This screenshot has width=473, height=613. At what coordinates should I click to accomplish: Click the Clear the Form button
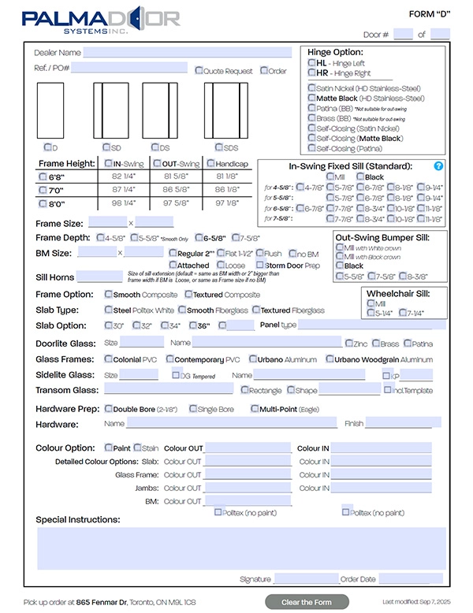point(307,602)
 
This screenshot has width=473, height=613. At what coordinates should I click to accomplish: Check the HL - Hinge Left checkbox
point(313,62)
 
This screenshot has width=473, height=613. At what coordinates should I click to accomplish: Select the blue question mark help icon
point(439,166)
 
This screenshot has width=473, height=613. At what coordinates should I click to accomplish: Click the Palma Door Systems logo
point(101,20)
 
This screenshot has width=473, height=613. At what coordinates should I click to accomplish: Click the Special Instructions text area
point(241,548)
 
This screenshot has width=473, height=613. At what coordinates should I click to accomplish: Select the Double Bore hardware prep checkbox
point(109,409)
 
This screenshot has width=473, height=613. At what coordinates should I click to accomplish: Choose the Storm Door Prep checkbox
point(260,266)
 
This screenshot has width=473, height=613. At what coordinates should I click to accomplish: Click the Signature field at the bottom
point(306,579)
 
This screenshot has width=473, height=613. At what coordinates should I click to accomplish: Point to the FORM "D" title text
point(430,14)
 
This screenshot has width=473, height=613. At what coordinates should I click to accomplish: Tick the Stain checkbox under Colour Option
point(137,448)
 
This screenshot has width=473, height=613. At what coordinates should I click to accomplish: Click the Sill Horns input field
point(99,277)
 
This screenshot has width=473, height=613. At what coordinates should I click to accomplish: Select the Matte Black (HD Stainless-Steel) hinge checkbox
point(313,98)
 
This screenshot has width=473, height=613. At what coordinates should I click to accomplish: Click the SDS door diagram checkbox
point(218,147)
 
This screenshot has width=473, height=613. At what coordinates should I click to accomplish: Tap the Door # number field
point(403,34)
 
